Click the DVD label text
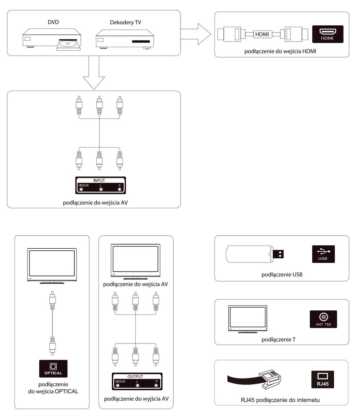click(53, 22)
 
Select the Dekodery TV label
click(125, 23)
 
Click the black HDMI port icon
click(327, 34)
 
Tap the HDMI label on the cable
click(262, 34)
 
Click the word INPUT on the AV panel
click(99, 180)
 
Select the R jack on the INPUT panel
click(120, 189)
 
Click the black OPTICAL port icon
click(53, 369)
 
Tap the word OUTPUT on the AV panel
click(135, 376)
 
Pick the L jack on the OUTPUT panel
click(137, 385)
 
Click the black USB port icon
click(323, 254)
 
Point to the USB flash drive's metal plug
click(280, 254)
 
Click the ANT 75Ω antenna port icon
click(323, 319)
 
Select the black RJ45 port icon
click(323, 379)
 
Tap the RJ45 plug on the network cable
click(271, 378)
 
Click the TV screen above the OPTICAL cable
click(52, 263)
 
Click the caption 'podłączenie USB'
click(282, 274)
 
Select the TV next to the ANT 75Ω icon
click(248, 318)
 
